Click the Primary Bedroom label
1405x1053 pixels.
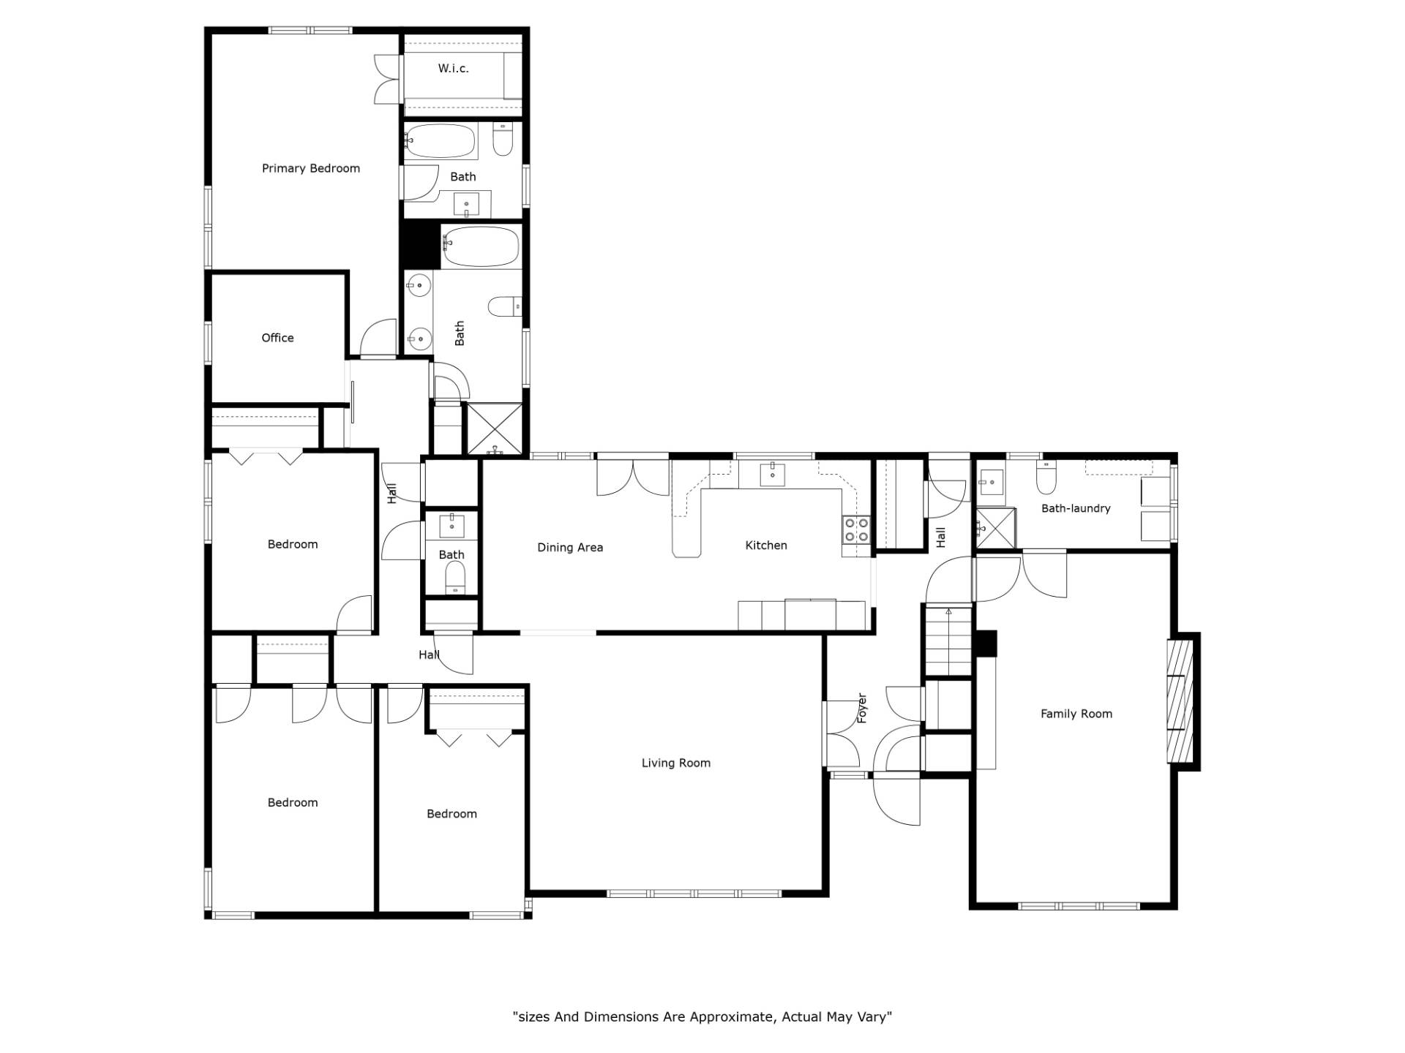311,168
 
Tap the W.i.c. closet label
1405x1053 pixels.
453,68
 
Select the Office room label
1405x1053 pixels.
277,338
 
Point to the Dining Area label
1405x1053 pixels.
570,547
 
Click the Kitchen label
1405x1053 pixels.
766,545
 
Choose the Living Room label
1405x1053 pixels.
676,763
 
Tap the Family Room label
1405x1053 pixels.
1076,714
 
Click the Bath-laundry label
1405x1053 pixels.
1076,508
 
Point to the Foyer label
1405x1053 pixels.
862,709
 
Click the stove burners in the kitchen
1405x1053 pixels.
856,529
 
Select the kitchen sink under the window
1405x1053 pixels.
773,474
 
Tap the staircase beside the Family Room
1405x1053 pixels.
948,641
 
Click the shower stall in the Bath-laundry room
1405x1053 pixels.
995,527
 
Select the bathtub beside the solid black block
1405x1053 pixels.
481,246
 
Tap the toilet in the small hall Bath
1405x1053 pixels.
455,578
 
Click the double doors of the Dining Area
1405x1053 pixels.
633,478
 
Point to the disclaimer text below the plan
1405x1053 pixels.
702,1016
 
